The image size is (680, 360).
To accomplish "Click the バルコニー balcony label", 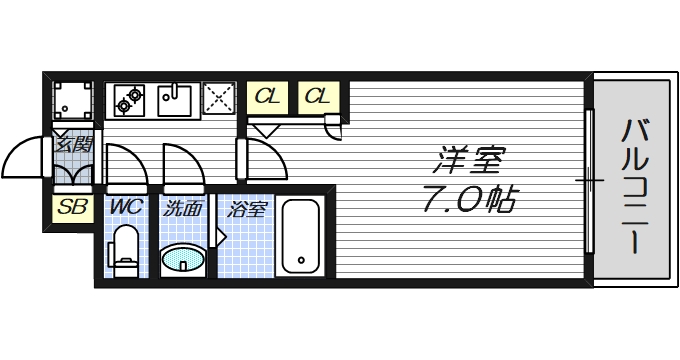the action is coord(631,186).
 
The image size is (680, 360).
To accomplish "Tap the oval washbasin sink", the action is coord(185,260).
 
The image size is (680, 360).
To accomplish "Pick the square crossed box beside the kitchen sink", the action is coord(218,99).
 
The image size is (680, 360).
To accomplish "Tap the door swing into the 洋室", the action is coord(260,155).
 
